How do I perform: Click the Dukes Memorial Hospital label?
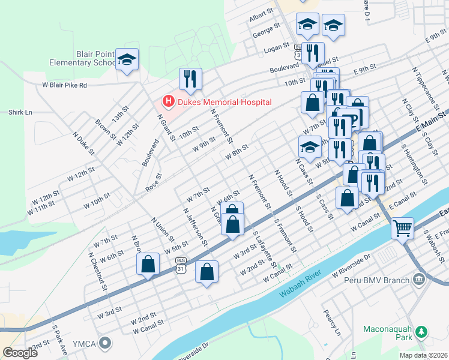(224, 102)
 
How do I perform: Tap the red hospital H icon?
(169, 102)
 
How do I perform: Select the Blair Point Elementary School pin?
(127, 59)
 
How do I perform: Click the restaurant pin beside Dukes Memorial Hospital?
(190, 79)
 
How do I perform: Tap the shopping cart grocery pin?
(402, 227)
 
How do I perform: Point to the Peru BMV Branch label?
(377, 280)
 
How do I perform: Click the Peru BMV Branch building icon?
(418, 279)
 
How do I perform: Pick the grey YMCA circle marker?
(106, 343)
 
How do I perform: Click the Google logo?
(20, 353)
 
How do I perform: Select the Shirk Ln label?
(20, 112)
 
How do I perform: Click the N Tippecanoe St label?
(423, 83)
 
